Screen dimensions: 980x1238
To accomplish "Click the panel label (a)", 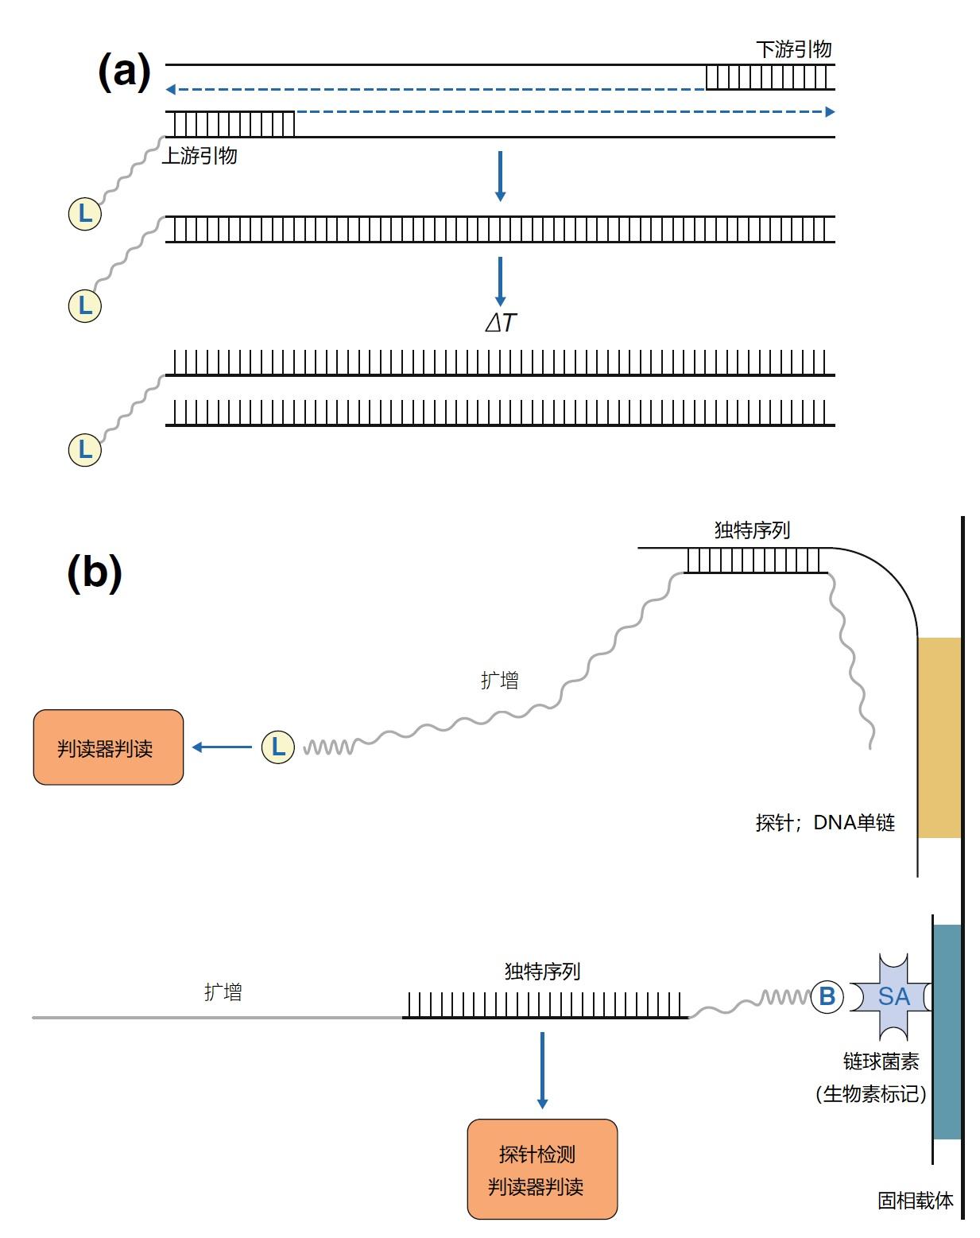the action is click(124, 71).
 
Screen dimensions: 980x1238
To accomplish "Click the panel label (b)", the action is click(95, 572).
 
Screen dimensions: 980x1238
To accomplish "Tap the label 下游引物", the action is click(794, 49).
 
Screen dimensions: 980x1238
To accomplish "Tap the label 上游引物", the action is click(199, 155).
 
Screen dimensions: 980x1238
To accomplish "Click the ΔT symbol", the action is click(501, 322).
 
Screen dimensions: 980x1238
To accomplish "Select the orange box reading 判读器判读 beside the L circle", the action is click(109, 747).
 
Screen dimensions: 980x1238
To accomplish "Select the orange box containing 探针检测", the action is click(542, 1170).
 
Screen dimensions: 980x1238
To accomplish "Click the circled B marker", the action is click(827, 996).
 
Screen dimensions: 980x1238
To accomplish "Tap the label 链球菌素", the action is click(881, 1061).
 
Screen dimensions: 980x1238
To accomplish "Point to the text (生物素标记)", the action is click(871, 1093).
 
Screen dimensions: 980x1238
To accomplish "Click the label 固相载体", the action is click(916, 1200).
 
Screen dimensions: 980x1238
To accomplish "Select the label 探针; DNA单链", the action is click(825, 823).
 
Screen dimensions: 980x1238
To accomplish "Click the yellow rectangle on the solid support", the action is click(939, 738).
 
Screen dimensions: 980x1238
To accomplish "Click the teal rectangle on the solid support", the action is click(947, 1031).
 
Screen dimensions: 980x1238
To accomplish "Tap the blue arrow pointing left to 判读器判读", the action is click(222, 747).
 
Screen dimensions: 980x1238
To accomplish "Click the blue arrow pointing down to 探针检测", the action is click(542, 1070).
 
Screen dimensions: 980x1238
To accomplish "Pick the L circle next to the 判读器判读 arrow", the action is click(277, 747).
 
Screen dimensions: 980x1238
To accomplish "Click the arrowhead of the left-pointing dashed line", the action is click(170, 89).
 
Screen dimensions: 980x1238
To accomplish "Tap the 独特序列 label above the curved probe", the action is click(752, 530).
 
